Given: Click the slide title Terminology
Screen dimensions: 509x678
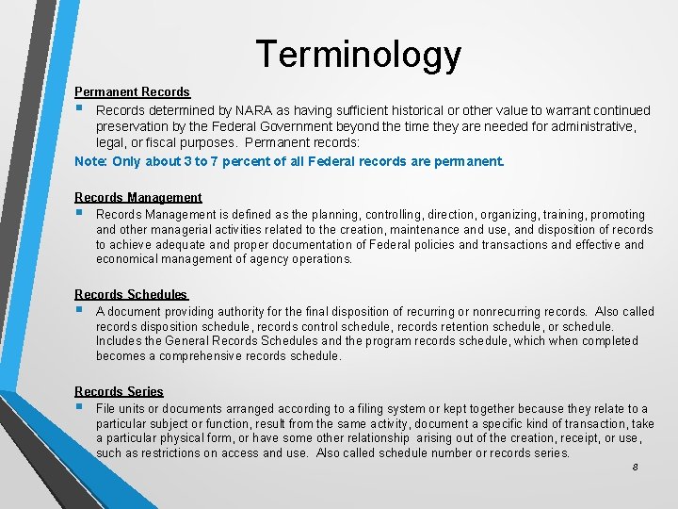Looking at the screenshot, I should [358, 55].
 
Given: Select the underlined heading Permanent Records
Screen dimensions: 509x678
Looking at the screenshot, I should [132, 91].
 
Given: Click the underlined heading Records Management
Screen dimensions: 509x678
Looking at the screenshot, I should [137, 197].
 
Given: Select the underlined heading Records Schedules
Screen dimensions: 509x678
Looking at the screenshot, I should [131, 295].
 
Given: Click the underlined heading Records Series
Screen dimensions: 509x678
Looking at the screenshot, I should [119, 391].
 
